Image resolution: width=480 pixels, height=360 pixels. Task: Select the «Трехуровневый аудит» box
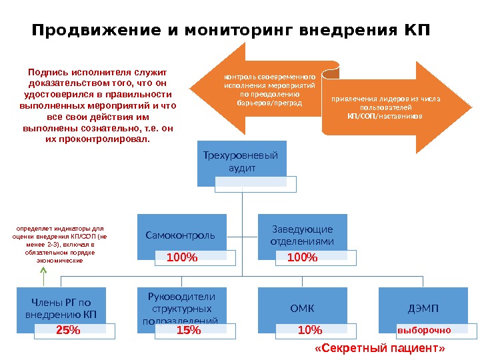click(242, 162)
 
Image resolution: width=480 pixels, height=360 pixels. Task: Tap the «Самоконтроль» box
click(180, 235)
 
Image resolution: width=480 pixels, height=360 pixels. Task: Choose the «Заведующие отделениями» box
click(303, 235)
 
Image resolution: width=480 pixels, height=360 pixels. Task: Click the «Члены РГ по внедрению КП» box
click(61, 307)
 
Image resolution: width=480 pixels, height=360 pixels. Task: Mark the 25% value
click(68, 330)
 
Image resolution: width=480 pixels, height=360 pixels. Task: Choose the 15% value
click(189, 330)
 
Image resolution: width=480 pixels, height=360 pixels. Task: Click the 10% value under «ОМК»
click(310, 330)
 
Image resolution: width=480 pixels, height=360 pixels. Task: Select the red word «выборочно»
click(424, 330)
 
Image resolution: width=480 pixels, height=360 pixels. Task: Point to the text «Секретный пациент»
click(379, 349)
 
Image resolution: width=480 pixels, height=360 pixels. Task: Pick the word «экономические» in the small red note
click(59, 261)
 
